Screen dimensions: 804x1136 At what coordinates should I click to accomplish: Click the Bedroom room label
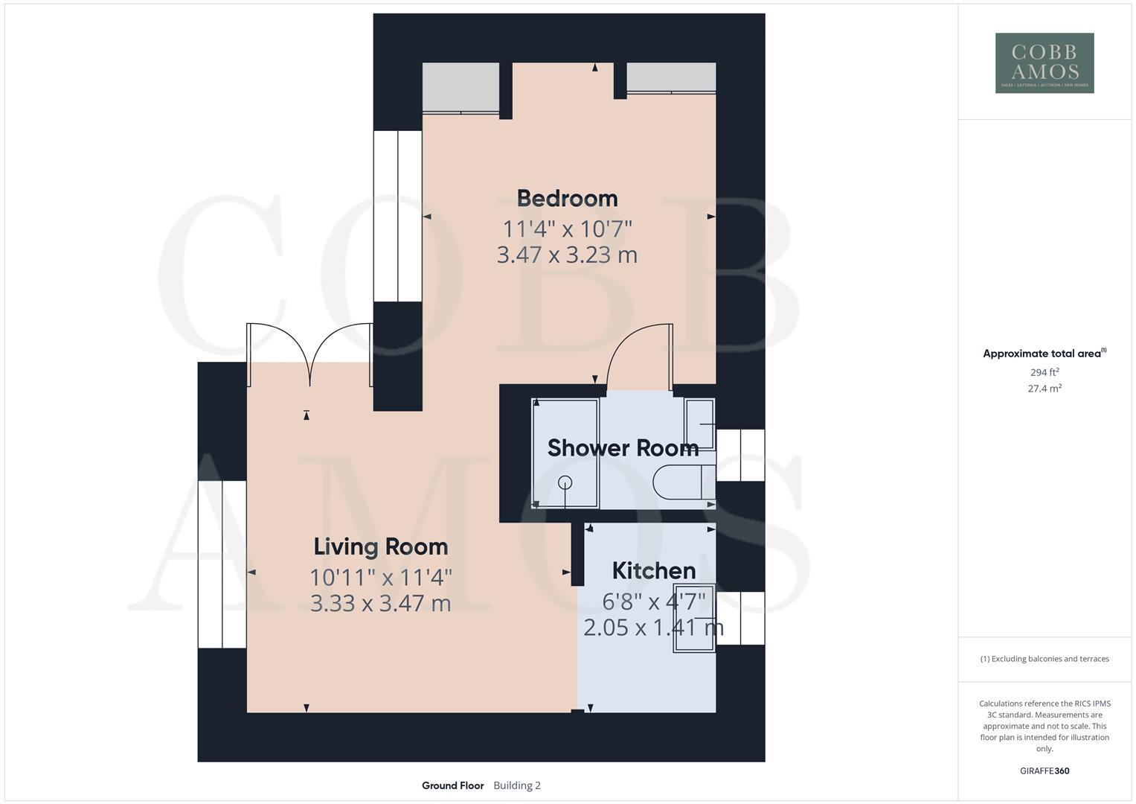(567, 199)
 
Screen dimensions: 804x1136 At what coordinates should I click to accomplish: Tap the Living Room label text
(380, 547)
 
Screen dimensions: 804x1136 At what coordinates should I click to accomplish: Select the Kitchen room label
(653, 571)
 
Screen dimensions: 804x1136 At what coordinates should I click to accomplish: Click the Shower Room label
(623, 448)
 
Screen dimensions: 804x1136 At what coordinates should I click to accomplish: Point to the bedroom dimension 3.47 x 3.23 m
(567, 255)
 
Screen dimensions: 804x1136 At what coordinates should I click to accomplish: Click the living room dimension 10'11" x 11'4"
(380, 577)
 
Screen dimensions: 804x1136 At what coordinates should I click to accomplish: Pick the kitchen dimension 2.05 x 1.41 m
(653, 628)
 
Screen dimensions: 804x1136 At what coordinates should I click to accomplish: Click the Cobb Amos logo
(1044, 63)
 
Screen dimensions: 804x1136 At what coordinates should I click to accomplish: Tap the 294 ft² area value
(1044, 372)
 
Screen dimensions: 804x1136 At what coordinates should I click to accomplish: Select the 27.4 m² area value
(1044, 389)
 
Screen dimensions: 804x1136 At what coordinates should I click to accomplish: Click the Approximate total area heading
(1044, 354)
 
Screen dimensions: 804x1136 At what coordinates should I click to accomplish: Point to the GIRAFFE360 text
(1044, 771)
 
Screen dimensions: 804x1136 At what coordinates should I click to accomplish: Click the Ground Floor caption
(452, 785)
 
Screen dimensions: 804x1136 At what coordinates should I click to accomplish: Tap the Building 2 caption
(517, 785)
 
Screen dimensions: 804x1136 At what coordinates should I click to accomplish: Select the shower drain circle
(565, 482)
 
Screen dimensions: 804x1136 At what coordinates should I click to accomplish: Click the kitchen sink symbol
(694, 619)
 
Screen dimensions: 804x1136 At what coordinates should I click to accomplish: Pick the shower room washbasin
(699, 424)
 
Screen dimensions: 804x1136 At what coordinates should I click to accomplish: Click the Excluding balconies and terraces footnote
(1044, 659)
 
